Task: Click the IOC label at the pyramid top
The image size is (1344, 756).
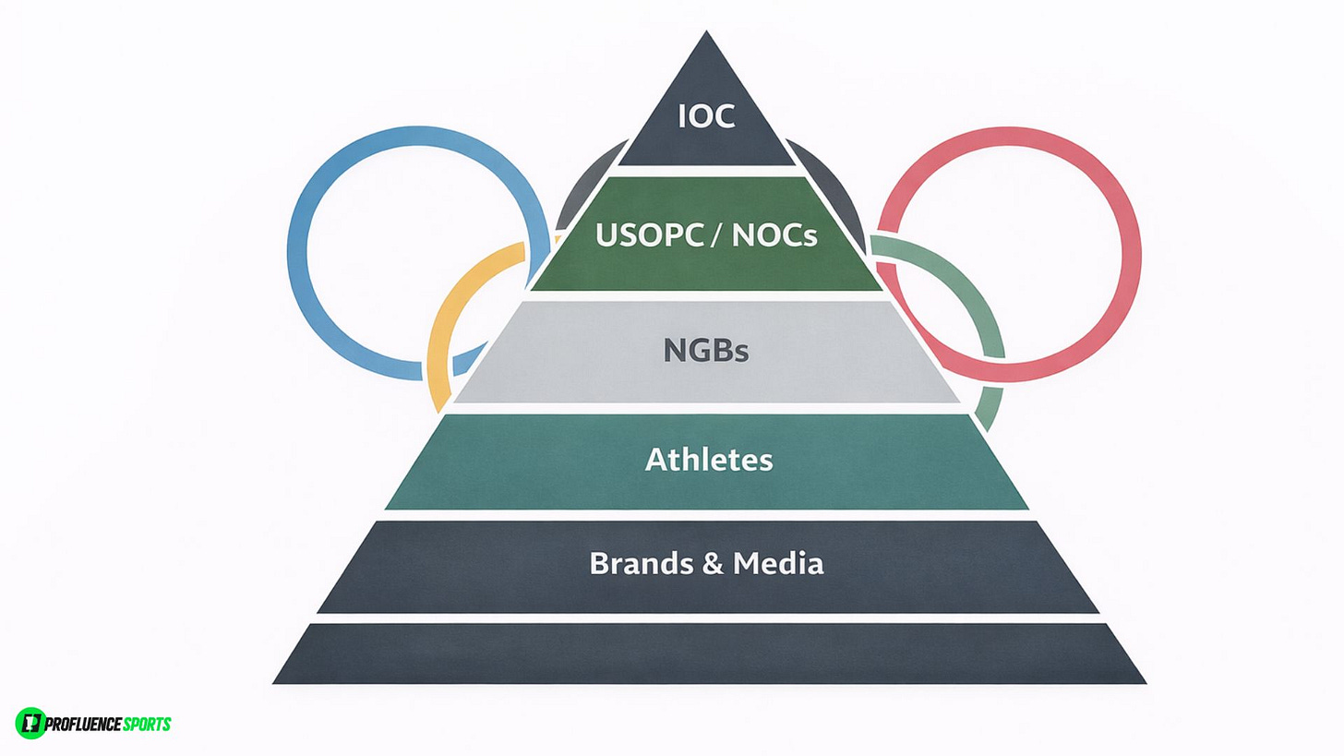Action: [706, 117]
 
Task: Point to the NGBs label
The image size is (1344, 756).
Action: [706, 351]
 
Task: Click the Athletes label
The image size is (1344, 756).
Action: [708, 459]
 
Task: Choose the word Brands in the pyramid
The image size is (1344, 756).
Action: [641, 563]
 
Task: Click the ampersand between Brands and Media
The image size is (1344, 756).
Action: [713, 563]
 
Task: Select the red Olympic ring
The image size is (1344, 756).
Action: [1132, 231]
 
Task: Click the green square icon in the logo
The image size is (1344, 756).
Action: [30, 723]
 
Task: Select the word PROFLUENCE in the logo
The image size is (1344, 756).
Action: [84, 724]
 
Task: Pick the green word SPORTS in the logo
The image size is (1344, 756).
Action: [147, 724]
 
